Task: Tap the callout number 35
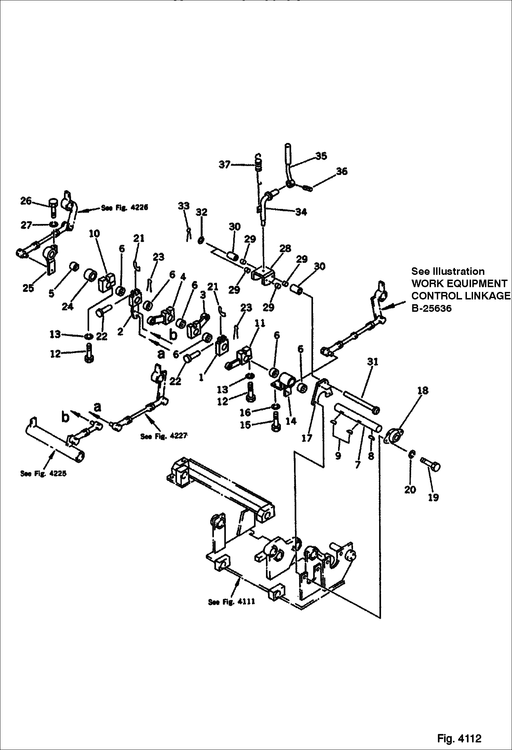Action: (321, 156)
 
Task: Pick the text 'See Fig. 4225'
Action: (43, 473)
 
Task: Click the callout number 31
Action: (373, 362)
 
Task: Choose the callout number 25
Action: (28, 288)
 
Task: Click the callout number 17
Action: (307, 438)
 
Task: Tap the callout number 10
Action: (94, 234)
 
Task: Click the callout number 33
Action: (184, 206)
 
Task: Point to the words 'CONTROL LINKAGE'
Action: (460, 296)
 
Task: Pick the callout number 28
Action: (285, 249)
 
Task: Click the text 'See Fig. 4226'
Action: (124, 208)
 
